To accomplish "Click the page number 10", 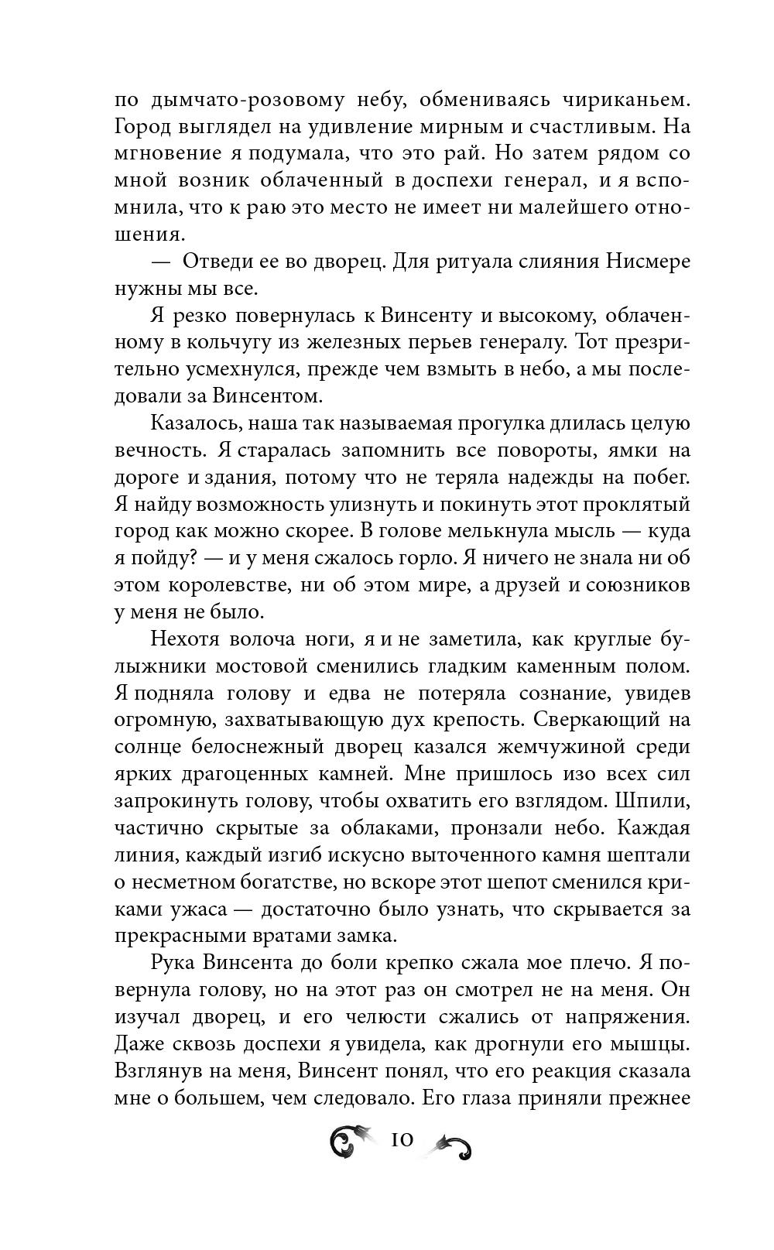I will click(402, 1139).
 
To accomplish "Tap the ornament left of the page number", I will click(352, 1142).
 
